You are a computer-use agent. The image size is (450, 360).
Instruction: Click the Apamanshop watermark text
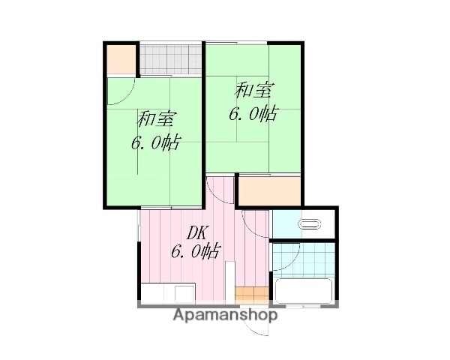point(226,316)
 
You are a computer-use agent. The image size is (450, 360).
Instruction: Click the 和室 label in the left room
point(155,118)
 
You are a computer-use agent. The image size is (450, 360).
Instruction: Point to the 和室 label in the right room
point(253,91)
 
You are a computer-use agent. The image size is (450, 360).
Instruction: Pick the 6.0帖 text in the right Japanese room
point(253,114)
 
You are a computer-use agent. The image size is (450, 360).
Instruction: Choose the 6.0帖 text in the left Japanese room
point(155,142)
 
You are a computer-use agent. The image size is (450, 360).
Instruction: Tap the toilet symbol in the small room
point(310,223)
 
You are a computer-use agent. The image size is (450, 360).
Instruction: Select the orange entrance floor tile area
point(250,293)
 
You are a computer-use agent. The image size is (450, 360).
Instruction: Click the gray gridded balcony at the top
point(172,59)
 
